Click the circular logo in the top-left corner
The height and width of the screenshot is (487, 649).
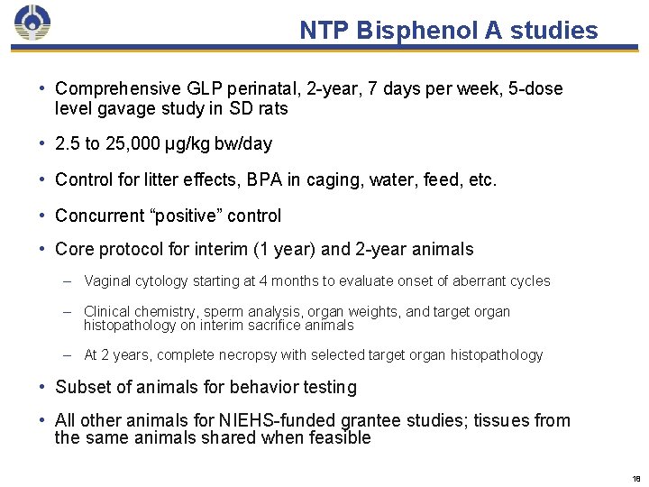(x=32, y=23)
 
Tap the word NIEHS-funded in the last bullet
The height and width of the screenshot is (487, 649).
(x=270, y=420)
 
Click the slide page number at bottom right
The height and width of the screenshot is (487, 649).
(x=635, y=479)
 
